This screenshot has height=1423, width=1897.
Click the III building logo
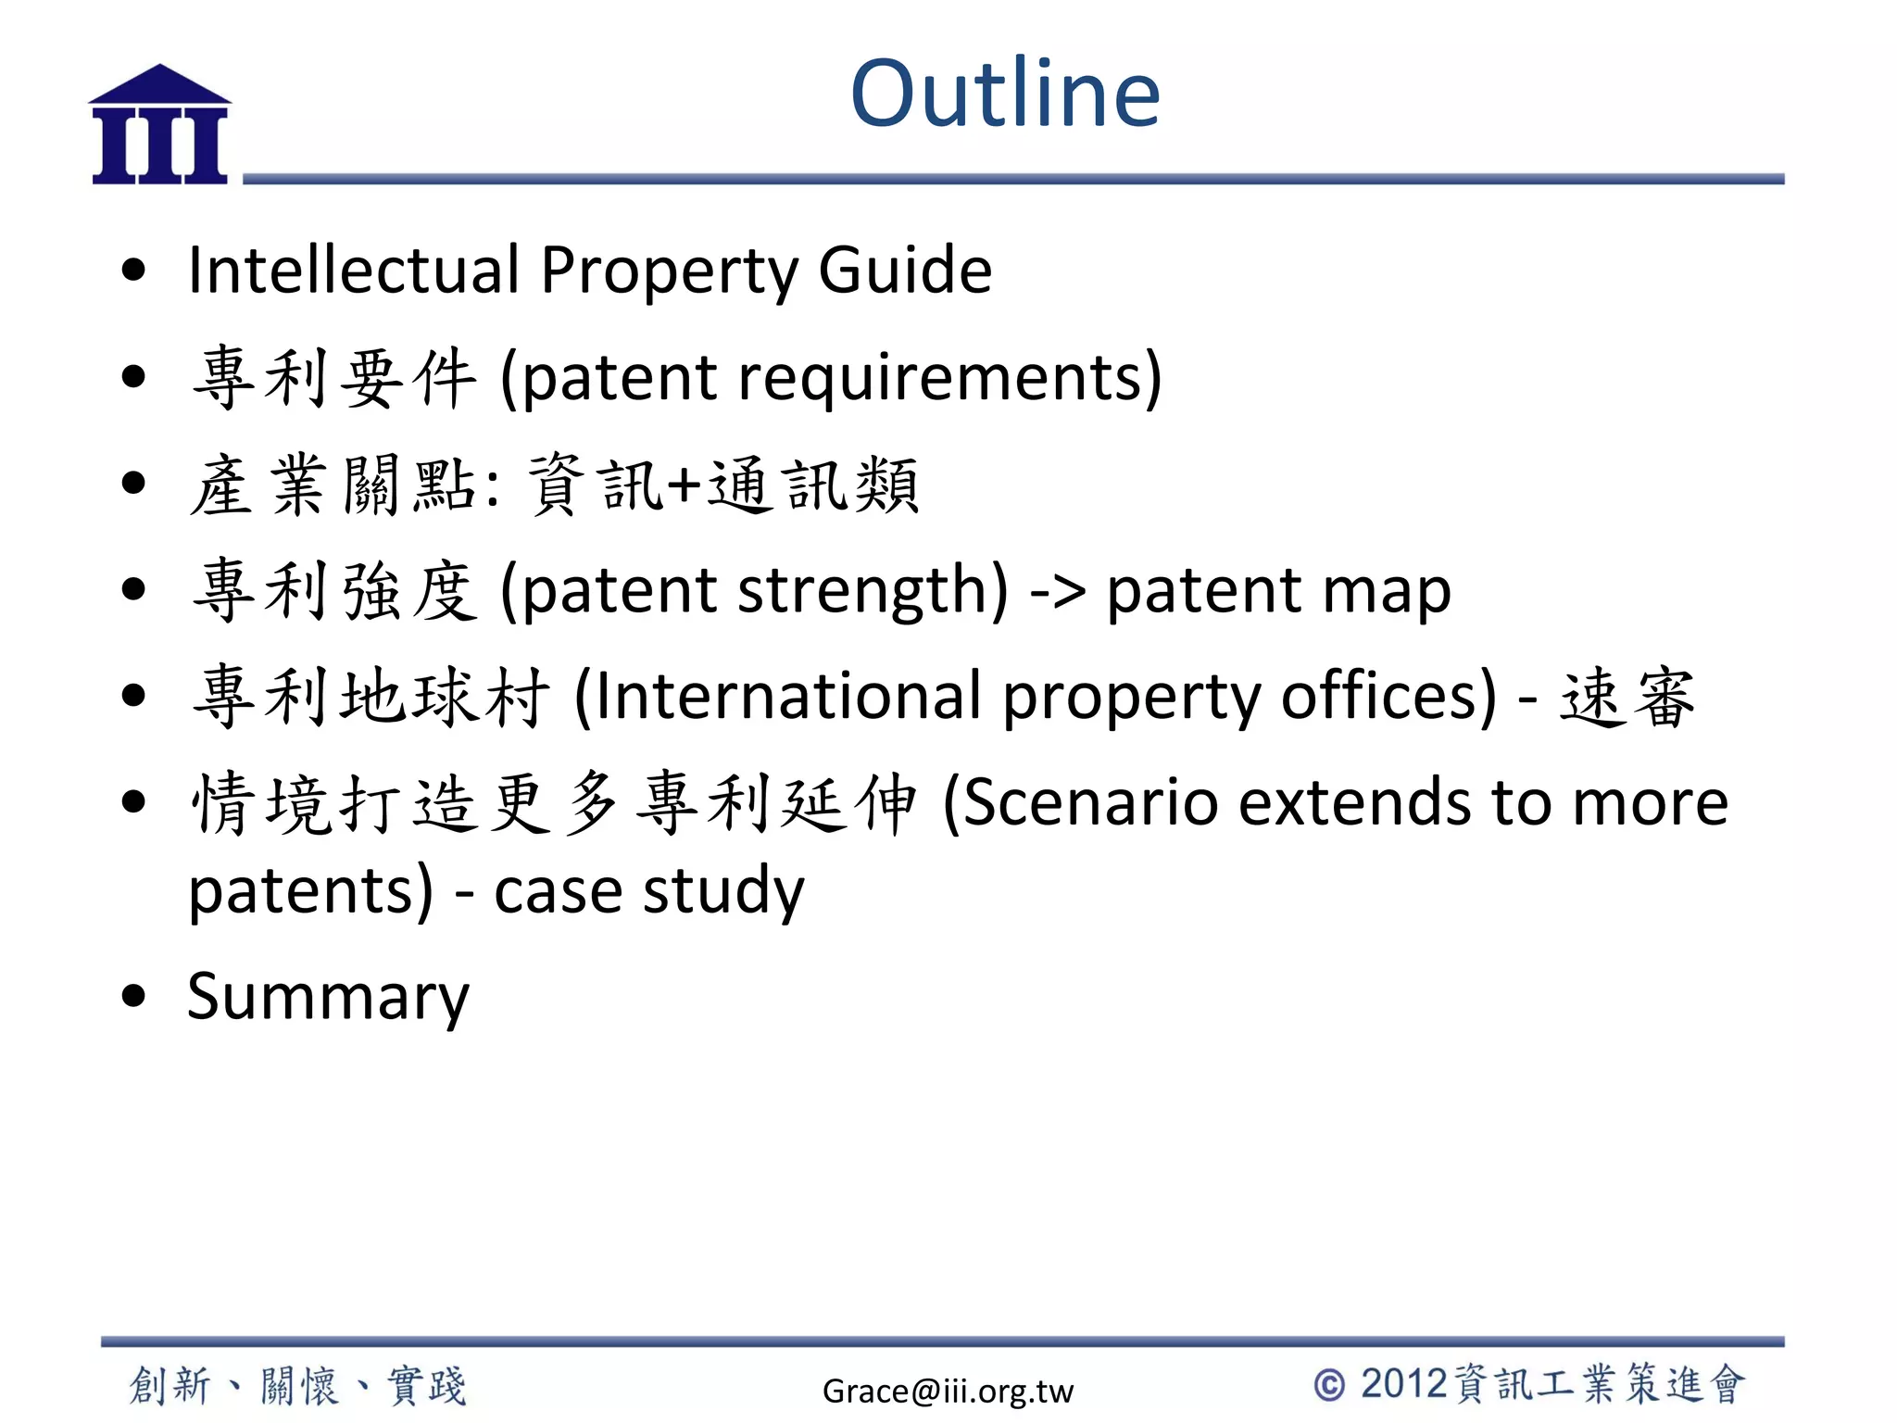(159, 125)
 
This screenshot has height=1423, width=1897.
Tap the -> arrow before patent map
(1057, 591)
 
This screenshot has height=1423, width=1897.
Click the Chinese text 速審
(1627, 697)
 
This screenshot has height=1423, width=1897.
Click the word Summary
(328, 997)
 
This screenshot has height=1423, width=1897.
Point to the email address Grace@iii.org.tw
(948, 1391)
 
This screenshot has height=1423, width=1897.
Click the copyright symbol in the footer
(1329, 1385)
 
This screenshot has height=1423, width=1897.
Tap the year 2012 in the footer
(1403, 1384)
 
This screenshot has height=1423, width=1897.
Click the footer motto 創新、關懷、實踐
(297, 1386)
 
